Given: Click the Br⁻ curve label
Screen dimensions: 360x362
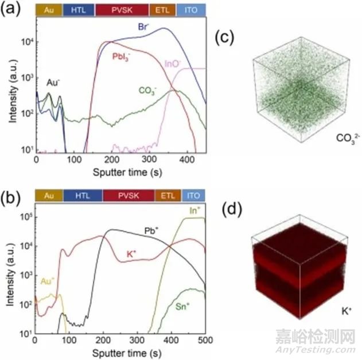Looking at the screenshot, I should pos(143,26).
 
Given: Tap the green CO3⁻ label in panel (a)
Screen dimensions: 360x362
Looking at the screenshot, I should pos(148,90).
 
